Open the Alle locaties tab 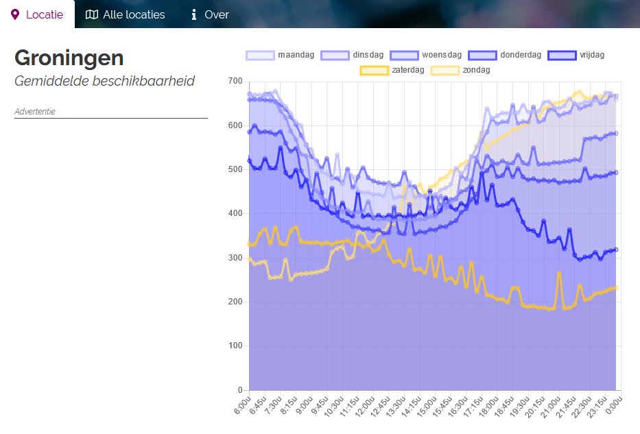tap(125, 14)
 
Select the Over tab tap(209, 14)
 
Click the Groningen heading tap(69, 58)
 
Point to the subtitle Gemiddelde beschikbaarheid tap(104, 81)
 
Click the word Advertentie tap(34, 111)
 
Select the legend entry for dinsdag tap(353, 55)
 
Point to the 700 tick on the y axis tap(235, 82)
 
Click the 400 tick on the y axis tap(235, 214)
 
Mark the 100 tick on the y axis tap(235, 346)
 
